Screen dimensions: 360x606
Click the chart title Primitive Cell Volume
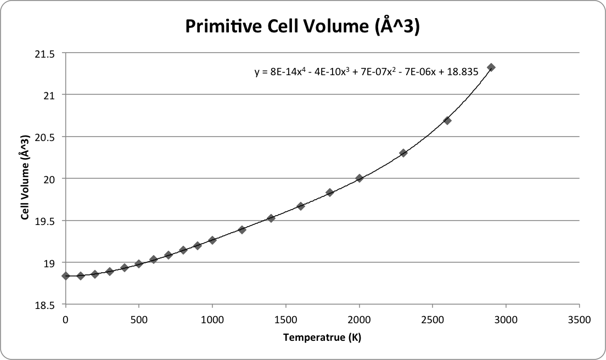tap(302, 26)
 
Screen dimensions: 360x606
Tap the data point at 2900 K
tap(491, 67)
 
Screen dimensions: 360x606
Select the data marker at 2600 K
tap(447, 121)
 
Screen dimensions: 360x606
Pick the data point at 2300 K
tap(403, 153)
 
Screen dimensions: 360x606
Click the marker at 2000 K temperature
tap(360, 178)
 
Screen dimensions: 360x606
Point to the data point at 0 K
tap(66, 276)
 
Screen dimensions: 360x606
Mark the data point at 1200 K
tap(242, 230)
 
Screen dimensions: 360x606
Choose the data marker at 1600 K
tap(301, 206)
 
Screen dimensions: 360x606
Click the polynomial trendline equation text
tap(367, 71)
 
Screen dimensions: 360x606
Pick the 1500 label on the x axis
tap(285, 318)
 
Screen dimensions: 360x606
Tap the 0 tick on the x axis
tap(66, 318)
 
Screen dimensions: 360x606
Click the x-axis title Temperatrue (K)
tap(322, 337)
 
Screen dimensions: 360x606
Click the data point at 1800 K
tap(330, 193)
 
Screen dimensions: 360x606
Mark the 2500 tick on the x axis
tap(433, 318)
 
